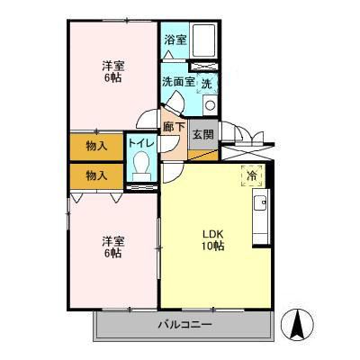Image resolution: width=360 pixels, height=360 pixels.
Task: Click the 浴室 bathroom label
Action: coord(175,40)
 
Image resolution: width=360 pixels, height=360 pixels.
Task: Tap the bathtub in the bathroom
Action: coord(204,40)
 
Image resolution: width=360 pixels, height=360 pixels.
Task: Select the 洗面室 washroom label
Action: coord(176,82)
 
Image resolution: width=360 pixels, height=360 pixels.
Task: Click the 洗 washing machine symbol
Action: coord(206,83)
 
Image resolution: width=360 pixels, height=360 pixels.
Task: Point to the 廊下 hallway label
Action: coord(174,127)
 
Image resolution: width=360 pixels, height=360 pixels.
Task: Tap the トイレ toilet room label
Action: coord(139,143)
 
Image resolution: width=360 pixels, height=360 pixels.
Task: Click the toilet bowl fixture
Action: coord(139,166)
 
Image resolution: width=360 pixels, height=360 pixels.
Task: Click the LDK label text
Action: coord(212,234)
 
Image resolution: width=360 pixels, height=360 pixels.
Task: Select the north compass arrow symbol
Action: coord(297,321)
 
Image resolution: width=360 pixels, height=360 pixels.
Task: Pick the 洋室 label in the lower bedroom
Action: coord(112,240)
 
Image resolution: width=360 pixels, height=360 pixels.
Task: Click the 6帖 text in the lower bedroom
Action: coord(112,254)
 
